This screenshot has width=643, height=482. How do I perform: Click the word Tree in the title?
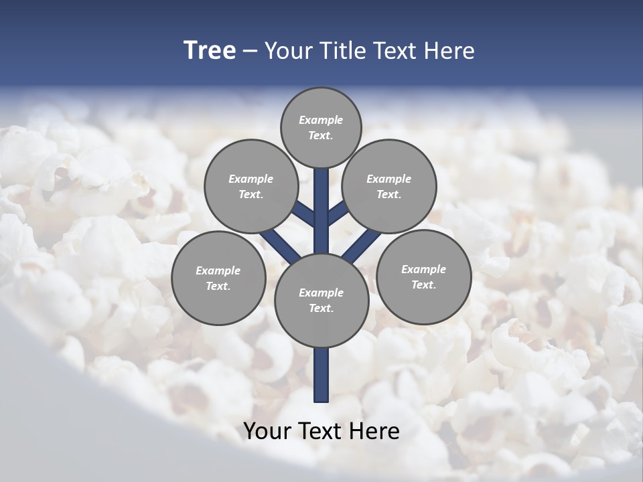tap(210, 50)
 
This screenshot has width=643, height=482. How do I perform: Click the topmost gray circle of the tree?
tap(321, 127)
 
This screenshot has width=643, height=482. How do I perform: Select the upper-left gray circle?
tap(251, 186)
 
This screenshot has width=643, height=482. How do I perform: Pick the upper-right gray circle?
tap(388, 186)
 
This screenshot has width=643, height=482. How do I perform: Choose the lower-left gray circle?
tap(218, 278)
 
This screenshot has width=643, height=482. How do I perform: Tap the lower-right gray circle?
tap(423, 276)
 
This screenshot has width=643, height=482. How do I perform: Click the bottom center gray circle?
tap(321, 300)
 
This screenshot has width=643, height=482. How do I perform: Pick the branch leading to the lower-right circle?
tap(362, 246)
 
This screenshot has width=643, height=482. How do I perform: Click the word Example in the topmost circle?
tap(321, 120)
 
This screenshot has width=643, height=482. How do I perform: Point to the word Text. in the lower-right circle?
tap(423, 285)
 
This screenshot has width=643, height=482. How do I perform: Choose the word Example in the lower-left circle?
tap(218, 270)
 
